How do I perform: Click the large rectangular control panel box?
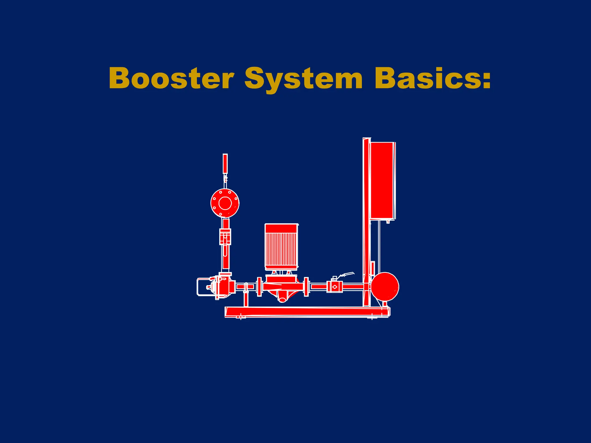coord(382,180)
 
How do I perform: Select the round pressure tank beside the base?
coord(385,286)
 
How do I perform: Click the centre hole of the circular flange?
coord(225,203)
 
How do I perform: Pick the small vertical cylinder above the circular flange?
coord(225,164)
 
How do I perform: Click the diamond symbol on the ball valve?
coord(335,287)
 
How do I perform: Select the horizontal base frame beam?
coord(306,312)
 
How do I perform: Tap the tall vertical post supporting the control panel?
coord(366,222)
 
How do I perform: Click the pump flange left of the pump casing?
coord(259,286)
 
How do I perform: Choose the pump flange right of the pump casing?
coord(306,286)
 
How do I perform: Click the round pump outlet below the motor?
coord(283,299)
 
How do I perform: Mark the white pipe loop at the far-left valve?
coord(198,287)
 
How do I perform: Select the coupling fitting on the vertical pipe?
coord(225,236)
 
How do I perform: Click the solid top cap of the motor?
coord(281,228)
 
